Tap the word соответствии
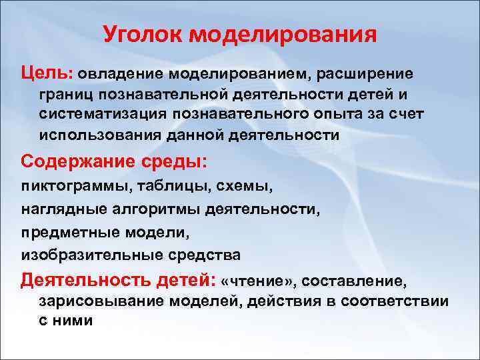(x=395, y=301)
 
